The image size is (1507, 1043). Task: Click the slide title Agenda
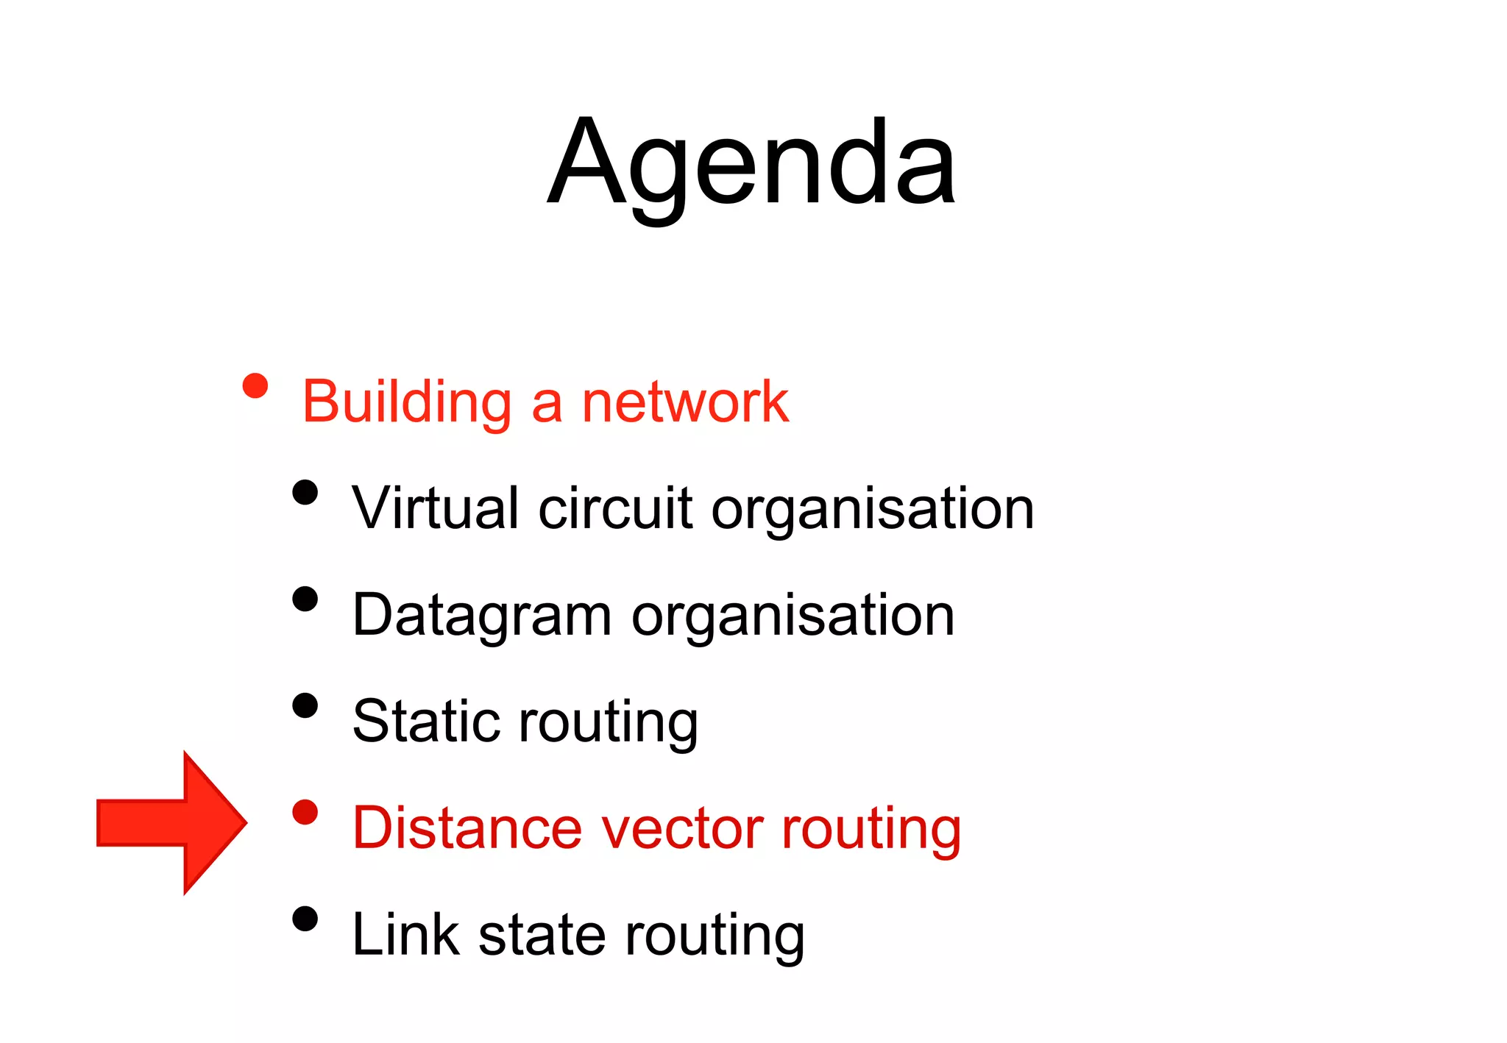point(751,163)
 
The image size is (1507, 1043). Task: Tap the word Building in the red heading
point(407,402)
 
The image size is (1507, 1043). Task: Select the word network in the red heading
point(684,402)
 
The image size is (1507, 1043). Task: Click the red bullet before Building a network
point(255,385)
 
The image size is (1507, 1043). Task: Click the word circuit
point(615,508)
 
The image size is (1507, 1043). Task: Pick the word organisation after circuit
point(873,509)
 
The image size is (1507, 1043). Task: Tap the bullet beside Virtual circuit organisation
point(305,492)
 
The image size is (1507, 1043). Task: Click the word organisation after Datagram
point(792,616)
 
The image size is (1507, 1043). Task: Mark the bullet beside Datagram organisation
point(305,599)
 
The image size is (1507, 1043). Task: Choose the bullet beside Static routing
point(305,705)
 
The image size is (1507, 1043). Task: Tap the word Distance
point(467,828)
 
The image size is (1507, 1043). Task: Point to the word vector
point(682,828)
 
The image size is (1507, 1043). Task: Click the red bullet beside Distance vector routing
point(305,812)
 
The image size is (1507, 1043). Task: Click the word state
point(542,934)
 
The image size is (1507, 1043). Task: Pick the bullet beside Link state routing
point(305,919)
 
